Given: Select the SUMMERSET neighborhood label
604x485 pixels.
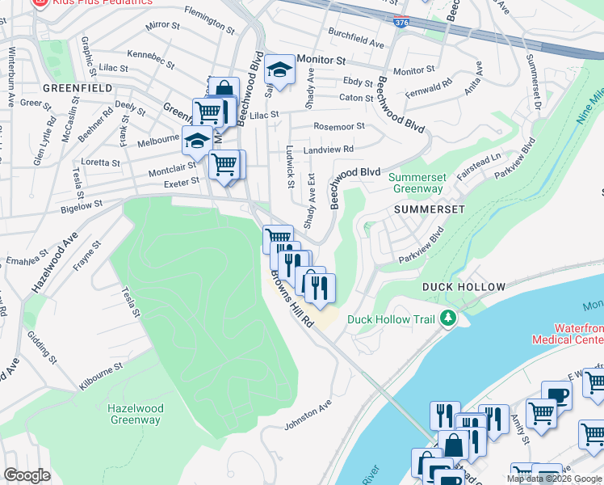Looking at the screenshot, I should click(x=430, y=209).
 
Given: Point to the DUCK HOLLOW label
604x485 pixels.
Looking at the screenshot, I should click(x=463, y=287).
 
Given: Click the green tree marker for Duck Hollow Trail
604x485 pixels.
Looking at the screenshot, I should click(x=447, y=319).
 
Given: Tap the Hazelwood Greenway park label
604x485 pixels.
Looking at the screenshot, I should click(x=135, y=414).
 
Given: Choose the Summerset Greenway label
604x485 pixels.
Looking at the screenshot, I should click(x=417, y=183).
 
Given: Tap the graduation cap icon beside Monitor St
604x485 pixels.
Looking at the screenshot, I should click(x=280, y=72).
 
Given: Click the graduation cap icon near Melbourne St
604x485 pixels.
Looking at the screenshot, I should click(x=196, y=141).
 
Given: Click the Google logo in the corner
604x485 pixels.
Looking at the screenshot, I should click(x=27, y=475).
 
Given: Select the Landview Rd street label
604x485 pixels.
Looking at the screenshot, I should click(x=328, y=150).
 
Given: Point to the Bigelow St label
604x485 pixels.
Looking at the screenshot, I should click(x=82, y=206).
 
